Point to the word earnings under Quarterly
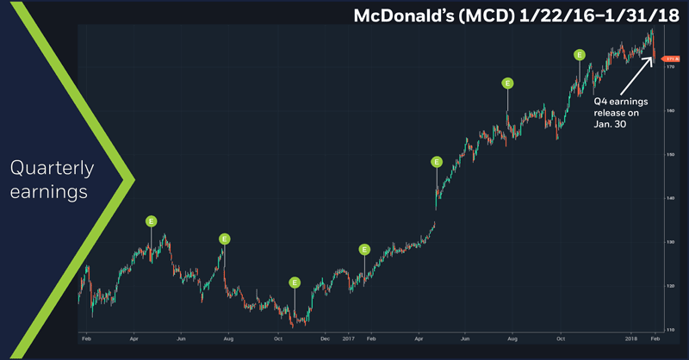point(50,192)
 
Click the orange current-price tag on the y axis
point(667,58)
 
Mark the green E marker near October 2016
point(295,282)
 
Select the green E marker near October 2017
point(580,54)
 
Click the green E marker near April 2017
point(437,161)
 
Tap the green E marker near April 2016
point(151,220)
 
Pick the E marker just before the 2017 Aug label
point(507,83)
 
